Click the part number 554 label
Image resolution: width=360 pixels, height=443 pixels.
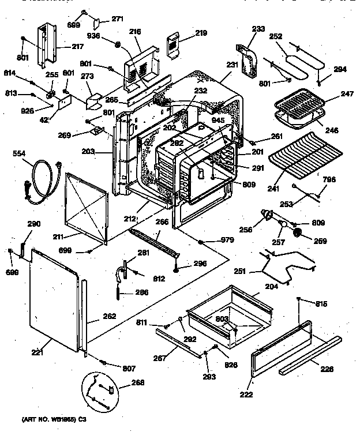[x=20, y=153]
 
